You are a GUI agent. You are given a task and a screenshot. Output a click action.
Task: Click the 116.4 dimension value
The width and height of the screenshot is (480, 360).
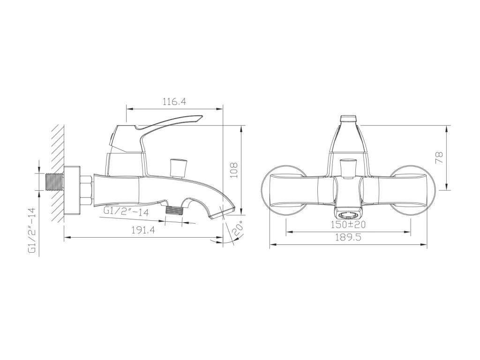(174, 102)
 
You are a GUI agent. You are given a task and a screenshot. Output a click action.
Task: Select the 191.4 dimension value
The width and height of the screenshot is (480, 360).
(143, 230)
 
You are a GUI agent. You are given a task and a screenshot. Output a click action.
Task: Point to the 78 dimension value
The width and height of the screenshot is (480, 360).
(439, 158)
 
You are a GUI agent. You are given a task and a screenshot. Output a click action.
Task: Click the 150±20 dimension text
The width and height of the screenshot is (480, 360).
(348, 225)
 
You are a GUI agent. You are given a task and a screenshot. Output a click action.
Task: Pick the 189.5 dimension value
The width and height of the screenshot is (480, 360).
(348, 237)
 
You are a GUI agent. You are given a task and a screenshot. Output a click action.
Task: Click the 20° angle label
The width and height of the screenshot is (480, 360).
(238, 228)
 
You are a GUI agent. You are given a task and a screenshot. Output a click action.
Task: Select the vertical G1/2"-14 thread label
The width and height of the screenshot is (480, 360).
(32, 231)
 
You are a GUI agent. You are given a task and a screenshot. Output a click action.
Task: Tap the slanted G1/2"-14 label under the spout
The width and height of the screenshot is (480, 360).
(126, 211)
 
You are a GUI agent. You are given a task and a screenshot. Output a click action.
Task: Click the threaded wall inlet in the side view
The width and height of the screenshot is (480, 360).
(54, 182)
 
